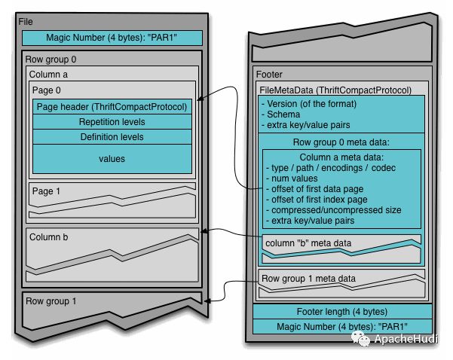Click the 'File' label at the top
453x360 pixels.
[26, 23]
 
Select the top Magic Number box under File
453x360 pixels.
[112, 38]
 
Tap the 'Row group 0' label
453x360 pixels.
[51, 59]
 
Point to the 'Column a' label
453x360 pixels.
[50, 75]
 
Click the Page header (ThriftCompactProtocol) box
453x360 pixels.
[112, 107]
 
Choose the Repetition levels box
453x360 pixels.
[112, 122]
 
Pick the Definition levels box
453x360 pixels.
[112, 137]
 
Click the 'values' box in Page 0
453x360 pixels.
[112, 159]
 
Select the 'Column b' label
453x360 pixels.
[50, 237]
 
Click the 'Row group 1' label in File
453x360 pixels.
[51, 301]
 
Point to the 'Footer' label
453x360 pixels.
[270, 75]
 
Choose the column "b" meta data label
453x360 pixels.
[309, 242]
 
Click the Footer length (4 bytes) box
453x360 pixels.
[342, 311]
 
